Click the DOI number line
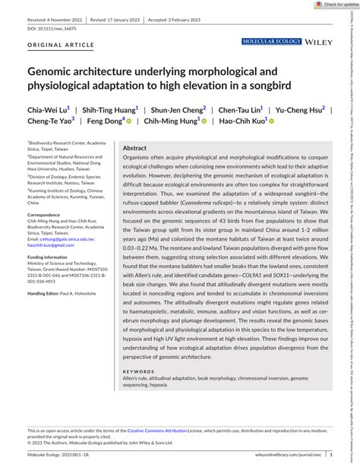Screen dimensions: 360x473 (x=54, y=29)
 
